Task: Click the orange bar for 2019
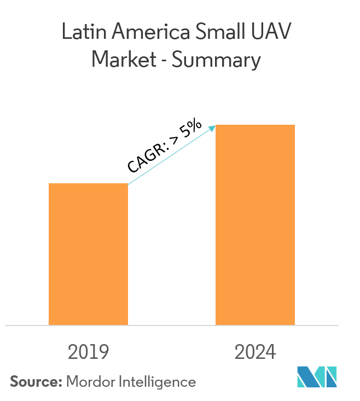(88, 254)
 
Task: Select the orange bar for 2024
(255, 225)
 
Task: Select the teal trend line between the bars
(170, 156)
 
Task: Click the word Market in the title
(124, 60)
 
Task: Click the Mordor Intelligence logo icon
(317, 377)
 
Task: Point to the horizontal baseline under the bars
(172, 326)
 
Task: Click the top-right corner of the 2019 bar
(127, 184)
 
